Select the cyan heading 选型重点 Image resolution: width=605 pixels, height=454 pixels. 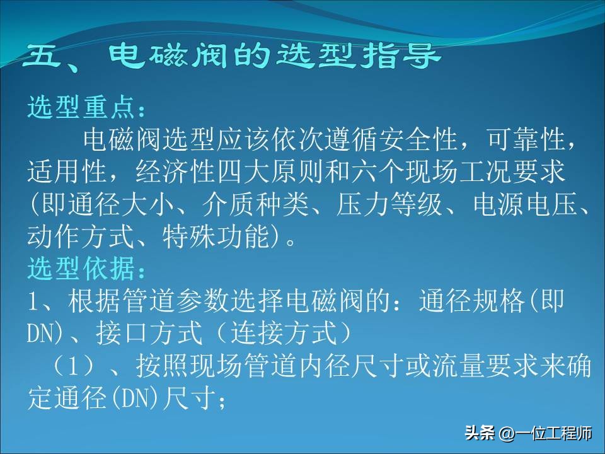click(x=82, y=108)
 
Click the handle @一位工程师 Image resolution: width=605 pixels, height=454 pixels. click(x=546, y=434)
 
